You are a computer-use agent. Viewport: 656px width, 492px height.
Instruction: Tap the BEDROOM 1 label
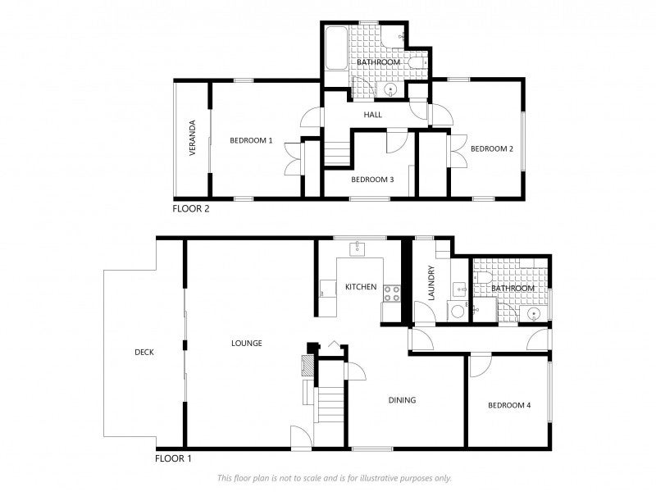coord(251,140)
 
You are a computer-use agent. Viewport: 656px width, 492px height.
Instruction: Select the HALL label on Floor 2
coord(373,115)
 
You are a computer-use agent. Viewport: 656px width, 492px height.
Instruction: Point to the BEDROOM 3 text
coord(372,180)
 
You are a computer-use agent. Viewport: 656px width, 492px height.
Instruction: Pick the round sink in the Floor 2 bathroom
coord(391,89)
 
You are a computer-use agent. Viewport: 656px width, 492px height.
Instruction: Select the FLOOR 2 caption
coord(191,208)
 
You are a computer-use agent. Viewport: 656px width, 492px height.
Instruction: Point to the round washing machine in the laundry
coord(455,310)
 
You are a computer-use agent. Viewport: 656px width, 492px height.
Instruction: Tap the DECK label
coord(144,352)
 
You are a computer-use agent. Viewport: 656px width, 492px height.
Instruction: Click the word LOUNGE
coord(246,343)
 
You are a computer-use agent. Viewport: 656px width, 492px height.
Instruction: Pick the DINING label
coord(402,400)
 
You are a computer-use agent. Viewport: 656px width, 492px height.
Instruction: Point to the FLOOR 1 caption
coord(173,458)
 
